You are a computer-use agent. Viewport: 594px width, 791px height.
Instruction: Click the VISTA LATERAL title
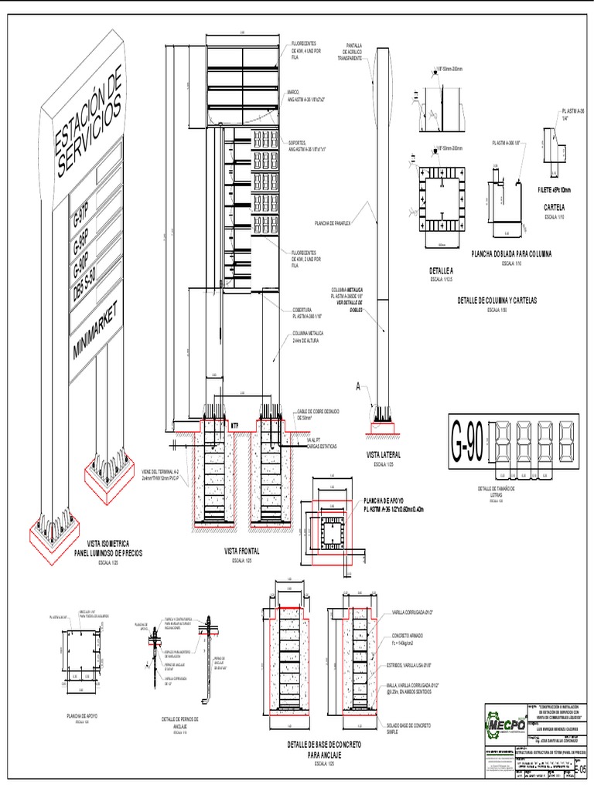point(384,456)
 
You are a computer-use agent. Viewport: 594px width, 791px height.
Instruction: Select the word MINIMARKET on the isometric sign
point(96,328)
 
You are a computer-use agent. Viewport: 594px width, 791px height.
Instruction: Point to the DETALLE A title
point(440,271)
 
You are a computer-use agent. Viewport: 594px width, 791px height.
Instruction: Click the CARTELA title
point(555,207)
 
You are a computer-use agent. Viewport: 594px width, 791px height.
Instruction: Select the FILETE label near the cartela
point(555,189)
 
